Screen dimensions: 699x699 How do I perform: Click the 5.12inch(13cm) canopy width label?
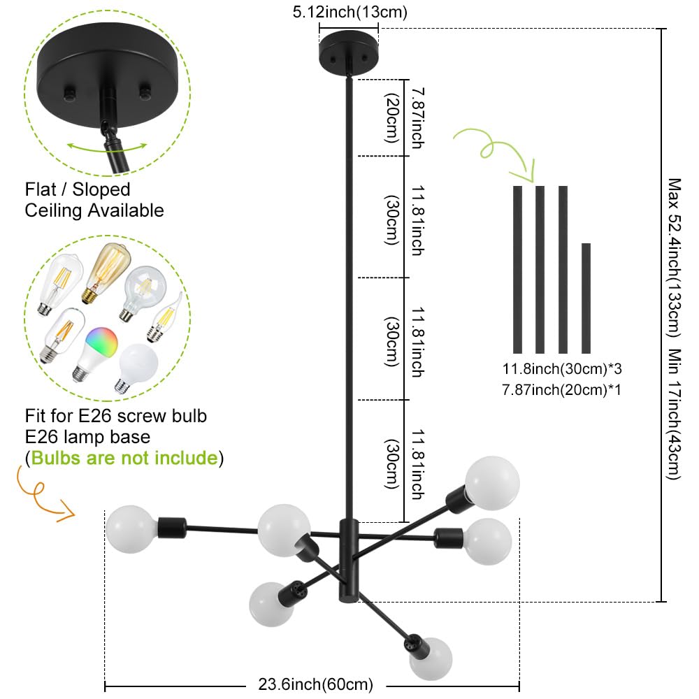(x=350, y=12)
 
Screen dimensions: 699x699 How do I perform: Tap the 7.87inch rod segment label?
(x=418, y=117)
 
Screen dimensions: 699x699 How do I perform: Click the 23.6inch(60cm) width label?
(x=316, y=684)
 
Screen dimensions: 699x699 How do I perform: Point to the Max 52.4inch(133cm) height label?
(x=674, y=258)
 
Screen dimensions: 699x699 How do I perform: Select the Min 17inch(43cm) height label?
(x=674, y=414)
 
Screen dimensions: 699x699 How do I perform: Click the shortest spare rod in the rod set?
(x=586, y=298)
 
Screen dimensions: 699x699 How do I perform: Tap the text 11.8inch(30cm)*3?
(x=562, y=369)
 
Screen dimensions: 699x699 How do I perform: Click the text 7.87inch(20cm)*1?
(x=562, y=390)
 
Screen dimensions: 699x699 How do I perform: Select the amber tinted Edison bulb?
(x=107, y=271)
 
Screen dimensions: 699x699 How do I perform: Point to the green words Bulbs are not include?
(x=124, y=458)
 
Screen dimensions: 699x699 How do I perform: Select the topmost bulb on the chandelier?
(x=492, y=483)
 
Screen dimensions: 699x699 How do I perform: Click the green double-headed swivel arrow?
(x=107, y=147)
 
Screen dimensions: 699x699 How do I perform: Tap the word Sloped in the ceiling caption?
(x=101, y=190)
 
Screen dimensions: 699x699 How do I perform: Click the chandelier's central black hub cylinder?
(x=349, y=561)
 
